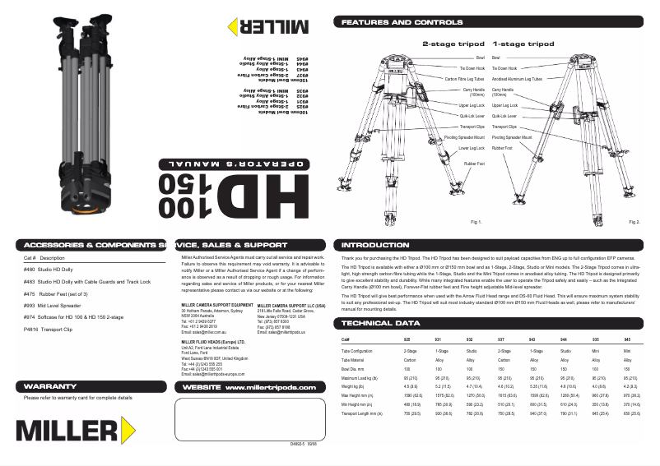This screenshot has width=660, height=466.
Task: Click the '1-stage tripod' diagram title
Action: [523, 43]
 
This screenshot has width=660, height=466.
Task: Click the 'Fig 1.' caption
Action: [475, 223]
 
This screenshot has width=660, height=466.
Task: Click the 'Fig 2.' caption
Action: [634, 223]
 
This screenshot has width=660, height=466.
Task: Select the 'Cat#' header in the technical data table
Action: [346, 339]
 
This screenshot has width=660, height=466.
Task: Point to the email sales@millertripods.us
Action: [282, 331]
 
